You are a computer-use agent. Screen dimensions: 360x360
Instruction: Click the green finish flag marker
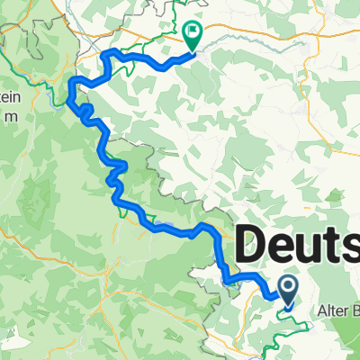click(x=193, y=35)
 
